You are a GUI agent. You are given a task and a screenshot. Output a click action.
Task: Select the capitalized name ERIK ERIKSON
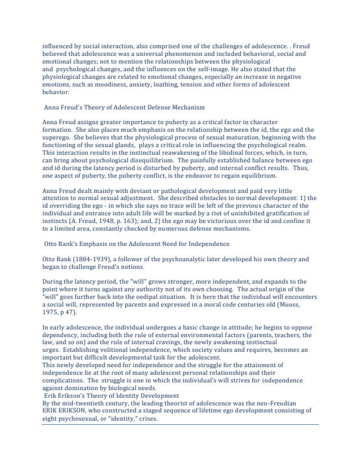point(69,411)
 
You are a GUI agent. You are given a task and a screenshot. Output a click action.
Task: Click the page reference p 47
point(68,321)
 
